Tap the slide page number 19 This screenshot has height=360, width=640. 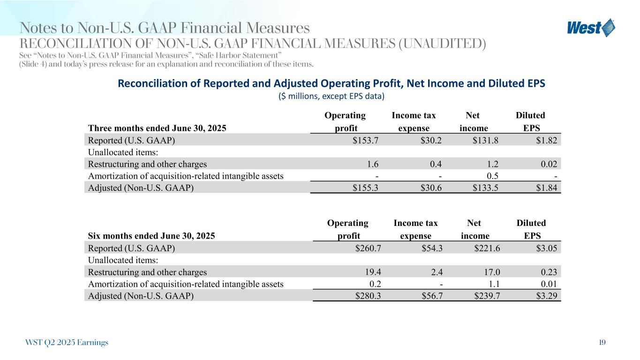(602, 343)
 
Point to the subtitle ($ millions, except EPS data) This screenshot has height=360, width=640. (331, 97)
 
